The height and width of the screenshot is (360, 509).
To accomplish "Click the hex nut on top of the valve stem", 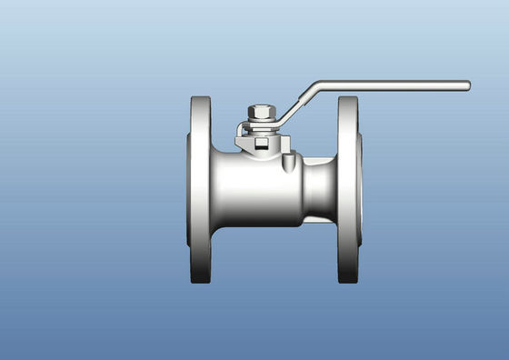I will pyautogui.click(x=262, y=113).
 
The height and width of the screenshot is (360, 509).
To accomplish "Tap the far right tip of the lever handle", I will pyautogui.click(x=467, y=85).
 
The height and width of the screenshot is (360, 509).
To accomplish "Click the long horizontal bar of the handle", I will pyautogui.click(x=391, y=86).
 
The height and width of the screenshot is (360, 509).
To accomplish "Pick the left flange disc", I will pyautogui.click(x=200, y=189).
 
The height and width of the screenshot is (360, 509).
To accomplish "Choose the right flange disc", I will pyautogui.click(x=348, y=189).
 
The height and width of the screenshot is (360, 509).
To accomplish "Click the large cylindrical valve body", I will pyautogui.click(x=259, y=189).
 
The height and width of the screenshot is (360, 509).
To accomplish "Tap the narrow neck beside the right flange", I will pyautogui.click(x=320, y=188).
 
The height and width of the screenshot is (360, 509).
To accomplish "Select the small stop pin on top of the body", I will pyautogui.click(x=290, y=162).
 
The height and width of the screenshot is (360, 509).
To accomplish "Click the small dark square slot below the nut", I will pyautogui.click(x=262, y=143).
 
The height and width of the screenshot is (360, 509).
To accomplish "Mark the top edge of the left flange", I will pyautogui.click(x=200, y=98).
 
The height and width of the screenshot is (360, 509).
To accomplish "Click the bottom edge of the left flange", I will pyautogui.click(x=200, y=281).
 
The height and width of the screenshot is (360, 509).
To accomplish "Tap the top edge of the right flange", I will pyautogui.click(x=348, y=98).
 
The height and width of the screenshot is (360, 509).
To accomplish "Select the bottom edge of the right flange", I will pyautogui.click(x=348, y=281).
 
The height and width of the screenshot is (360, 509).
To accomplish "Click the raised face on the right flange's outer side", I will pyautogui.click(x=361, y=189).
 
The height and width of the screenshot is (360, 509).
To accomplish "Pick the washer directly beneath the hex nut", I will pyautogui.click(x=262, y=125).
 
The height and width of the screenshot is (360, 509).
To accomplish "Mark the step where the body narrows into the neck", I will pyautogui.click(x=304, y=189).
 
